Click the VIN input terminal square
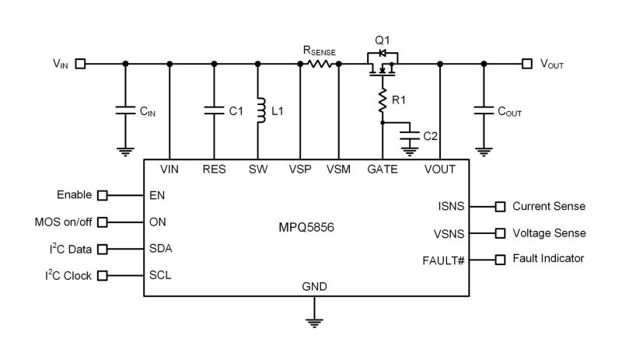tap(81, 64)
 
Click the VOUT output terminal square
tap(527, 64)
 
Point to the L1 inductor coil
tap(260, 110)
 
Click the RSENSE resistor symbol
tap(320, 64)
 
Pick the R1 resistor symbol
tap(383, 99)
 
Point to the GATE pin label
tap(383, 169)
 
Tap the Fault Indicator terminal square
tap(500, 259)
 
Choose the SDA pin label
tap(161, 248)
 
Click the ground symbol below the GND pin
tap(314, 321)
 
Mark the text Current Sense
tap(549, 206)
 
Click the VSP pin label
tap(300, 169)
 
